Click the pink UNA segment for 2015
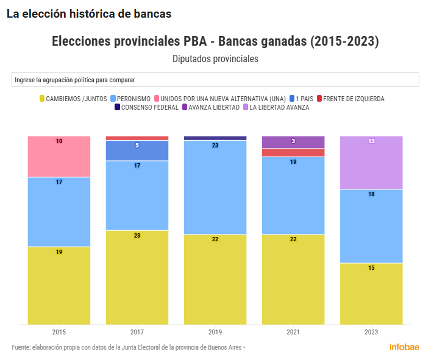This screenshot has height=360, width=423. [x=59, y=157]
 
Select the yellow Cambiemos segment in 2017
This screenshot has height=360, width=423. [x=137, y=277]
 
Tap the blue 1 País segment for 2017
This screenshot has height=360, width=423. [x=137, y=150]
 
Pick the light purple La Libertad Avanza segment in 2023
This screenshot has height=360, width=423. [x=371, y=163]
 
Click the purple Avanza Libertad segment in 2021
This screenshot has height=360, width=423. [x=293, y=142]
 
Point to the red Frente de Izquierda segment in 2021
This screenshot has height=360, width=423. [x=293, y=152]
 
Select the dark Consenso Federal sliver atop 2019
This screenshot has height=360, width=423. [x=215, y=138]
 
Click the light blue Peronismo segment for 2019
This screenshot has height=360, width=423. [x=215, y=187]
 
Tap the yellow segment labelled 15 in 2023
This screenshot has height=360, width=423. [x=371, y=294]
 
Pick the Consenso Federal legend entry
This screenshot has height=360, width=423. [x=146, y=107]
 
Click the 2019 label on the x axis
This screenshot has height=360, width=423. [x=215, y=333]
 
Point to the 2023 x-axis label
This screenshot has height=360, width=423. [x=371, y=333]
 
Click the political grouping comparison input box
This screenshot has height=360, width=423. [x=215, y=80]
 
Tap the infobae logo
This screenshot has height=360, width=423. [x=404, y=347]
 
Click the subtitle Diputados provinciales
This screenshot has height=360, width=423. [x=215, y=59]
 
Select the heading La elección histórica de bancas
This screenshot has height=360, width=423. [x=89, y=13]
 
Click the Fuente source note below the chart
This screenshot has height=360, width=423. [x=128, y=347]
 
